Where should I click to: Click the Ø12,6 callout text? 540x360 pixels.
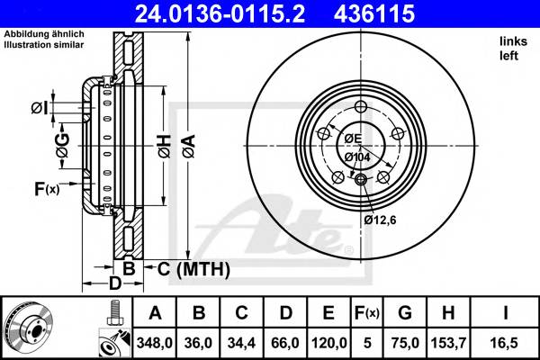[x=381, y=218]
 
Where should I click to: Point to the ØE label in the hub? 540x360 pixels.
[x=351, y=138]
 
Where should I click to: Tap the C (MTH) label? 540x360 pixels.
[x=193, y=269]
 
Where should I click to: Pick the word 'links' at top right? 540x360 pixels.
[x=513, y=41]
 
